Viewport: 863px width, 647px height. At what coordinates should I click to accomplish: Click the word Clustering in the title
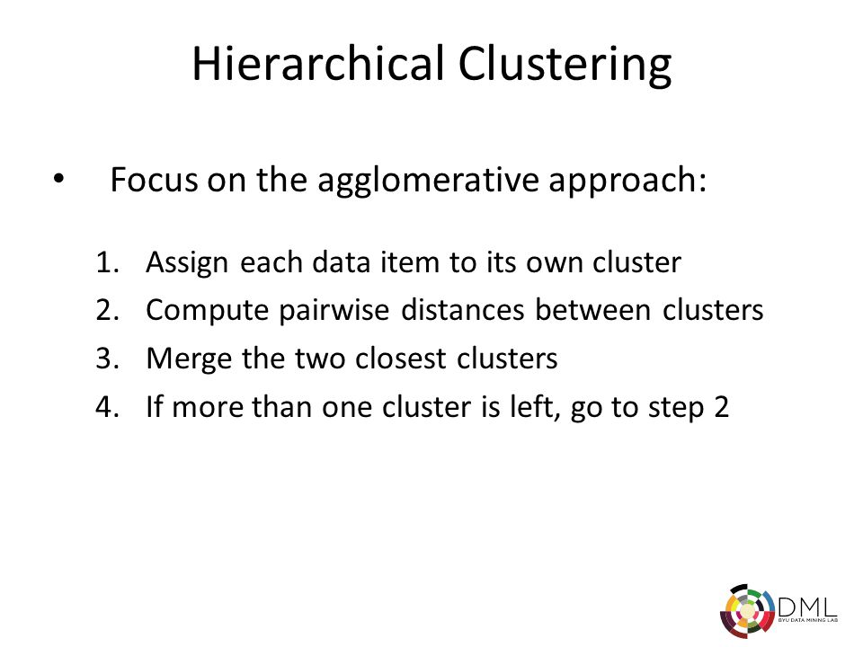pos(565,66)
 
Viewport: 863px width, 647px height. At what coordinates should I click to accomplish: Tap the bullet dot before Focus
pos(59,178)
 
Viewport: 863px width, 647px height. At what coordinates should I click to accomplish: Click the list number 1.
pos(107,262)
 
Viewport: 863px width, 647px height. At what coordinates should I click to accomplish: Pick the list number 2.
pos(107,310)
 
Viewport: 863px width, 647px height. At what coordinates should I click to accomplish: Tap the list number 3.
pos(107,359)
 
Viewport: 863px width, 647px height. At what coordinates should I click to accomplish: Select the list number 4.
pos(107,406)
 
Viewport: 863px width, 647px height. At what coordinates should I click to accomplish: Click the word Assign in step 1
pos(187,263)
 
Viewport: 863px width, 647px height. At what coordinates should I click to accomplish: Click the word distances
pos(462,310)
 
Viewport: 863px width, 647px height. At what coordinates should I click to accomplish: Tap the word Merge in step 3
pos(189,359)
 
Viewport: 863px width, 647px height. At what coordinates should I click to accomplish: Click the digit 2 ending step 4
pos(722,407)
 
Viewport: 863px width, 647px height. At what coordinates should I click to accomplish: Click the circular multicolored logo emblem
pos(747,611)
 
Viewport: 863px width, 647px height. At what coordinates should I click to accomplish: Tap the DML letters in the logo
pos(807,607)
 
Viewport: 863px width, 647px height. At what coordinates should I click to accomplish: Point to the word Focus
pos(154,180)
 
